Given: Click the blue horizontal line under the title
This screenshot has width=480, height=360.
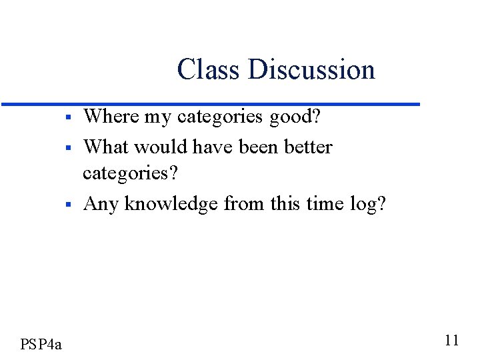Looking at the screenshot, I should (211, 104).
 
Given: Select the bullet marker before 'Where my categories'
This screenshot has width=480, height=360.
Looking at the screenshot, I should (69, 118).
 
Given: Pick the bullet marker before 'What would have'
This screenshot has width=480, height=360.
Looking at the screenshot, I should (69, 147).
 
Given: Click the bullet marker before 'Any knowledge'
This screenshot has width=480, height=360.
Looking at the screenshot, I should (69, 205).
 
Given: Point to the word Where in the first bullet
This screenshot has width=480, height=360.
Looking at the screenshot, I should (109, 117).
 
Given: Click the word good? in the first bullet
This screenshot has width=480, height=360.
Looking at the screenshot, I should (296, 118).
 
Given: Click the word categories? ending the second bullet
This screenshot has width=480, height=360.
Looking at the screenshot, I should (131, 174).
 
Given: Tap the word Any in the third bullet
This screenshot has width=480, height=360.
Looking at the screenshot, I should (101, 203).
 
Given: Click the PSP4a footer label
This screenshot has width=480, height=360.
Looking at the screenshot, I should (41, 344).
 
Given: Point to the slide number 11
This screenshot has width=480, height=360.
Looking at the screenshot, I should (451, 341).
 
